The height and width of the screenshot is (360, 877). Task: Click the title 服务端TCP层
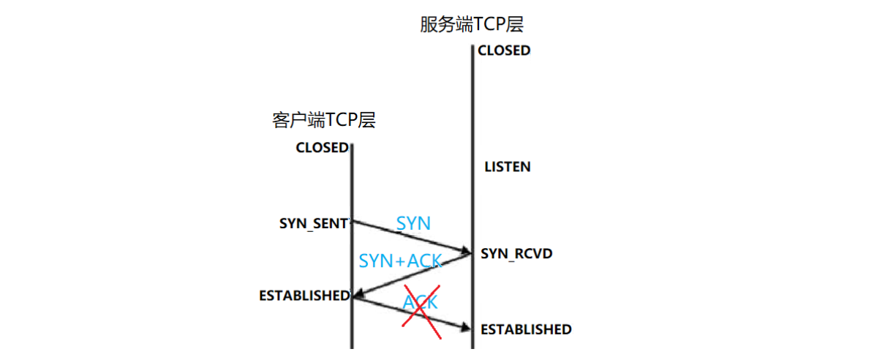tap(472, 24)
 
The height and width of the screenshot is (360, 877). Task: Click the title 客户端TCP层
tap(323, 121)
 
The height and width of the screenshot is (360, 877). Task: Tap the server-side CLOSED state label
tap(503, 51)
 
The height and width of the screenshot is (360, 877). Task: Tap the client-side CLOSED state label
tap(322, 148)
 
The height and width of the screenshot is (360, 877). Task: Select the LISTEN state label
tap(507, 167)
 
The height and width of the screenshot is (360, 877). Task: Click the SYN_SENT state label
tap(313, 224)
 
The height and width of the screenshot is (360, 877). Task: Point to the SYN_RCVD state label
tap(516, 254)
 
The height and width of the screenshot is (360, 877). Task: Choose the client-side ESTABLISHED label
tap(304, 296)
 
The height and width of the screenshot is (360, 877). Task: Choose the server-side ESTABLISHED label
tap(526, 329)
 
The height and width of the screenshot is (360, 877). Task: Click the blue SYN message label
tap(413, 223)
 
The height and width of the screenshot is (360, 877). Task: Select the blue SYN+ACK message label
tap(400, 261)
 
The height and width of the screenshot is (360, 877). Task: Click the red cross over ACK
tap(420, 311)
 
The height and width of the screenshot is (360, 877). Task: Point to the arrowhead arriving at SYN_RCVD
tap(465, 252)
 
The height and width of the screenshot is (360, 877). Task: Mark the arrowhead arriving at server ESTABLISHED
tap(465, 328)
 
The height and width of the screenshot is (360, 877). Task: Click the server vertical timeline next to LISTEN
tap(473, 167)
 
